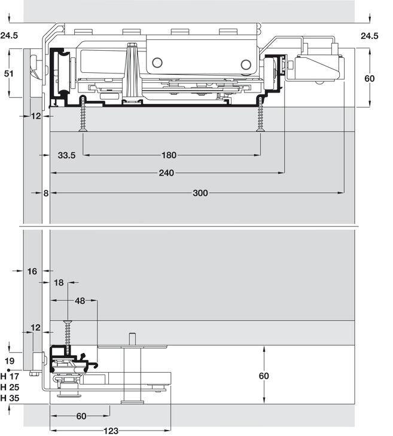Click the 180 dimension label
169,155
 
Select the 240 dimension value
166,173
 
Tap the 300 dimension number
200,193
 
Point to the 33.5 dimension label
66,155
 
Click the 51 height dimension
9,73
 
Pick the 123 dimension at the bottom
111,431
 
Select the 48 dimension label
80,300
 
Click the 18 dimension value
59,283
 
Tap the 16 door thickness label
32,271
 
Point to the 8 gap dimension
46,193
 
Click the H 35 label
10,398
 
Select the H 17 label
10,376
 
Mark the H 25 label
10,387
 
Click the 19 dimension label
10,361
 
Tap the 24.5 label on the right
370,36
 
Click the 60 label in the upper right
369,78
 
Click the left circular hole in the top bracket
157,63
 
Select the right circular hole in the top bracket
246,65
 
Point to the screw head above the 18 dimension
68,323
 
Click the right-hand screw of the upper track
260,114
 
